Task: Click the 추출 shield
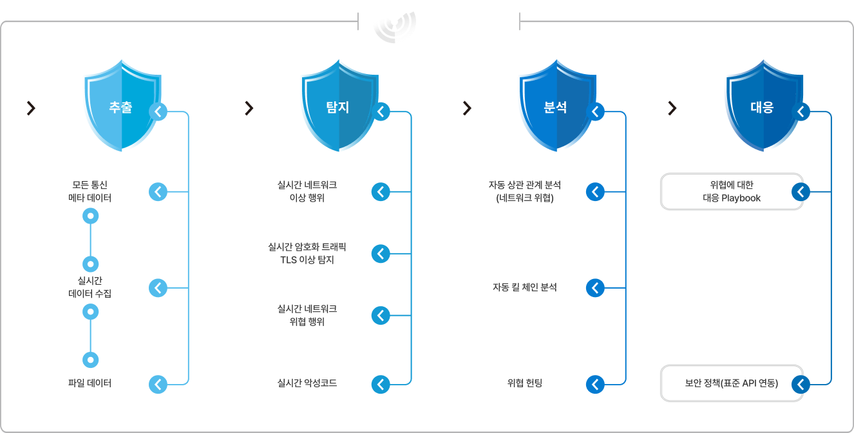pos(122,106)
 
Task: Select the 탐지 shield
pos(339,106)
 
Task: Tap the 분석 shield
pos(557,106)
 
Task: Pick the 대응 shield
pos(764,106)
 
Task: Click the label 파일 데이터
pos(90,383)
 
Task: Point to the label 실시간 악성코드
pos(307,383)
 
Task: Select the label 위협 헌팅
pos(525,383)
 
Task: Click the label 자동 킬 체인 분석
pos(525,287)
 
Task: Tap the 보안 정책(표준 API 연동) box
pos(732,383)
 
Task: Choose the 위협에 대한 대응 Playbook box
pos(732,191)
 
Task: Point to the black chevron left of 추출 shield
pos(32,108)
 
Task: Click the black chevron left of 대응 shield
pos(672,108)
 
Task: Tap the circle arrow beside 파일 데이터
pos(158,384)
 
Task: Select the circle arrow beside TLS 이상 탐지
pos(381,254)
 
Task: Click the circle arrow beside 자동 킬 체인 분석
pos(595,288)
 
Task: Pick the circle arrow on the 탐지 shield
pos(381,111)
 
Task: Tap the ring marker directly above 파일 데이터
pos(90,360)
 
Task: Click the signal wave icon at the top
pos(395,26)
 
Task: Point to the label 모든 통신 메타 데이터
pos(90,191)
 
